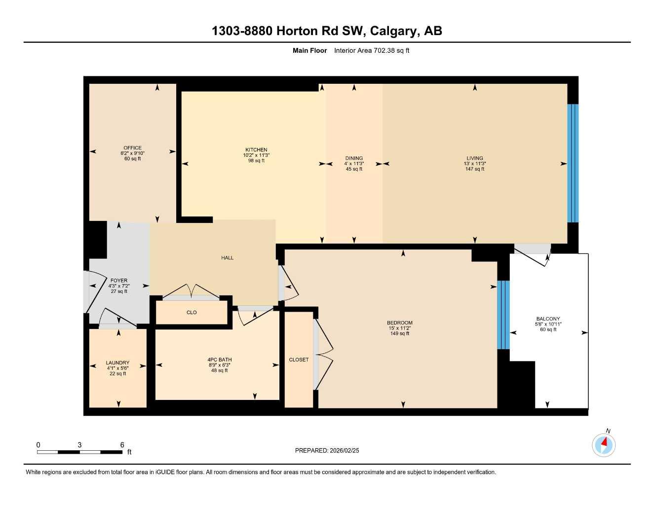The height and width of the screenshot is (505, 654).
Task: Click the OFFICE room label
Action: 132,148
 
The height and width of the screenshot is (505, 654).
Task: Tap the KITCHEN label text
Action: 256,150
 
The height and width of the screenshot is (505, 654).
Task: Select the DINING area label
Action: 354,159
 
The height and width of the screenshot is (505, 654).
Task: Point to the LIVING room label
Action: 475,158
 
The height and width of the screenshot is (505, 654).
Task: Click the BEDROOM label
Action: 399,323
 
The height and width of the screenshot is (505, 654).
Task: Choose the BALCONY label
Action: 548,319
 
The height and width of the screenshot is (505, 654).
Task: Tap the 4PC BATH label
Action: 219,360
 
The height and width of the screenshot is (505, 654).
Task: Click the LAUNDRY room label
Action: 117,363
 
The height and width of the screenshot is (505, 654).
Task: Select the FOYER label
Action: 119,281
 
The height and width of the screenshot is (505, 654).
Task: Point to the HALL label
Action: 227,258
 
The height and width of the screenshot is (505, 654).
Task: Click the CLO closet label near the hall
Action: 192,313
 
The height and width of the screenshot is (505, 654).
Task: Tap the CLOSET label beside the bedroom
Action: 299,360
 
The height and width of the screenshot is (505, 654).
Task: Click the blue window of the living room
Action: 573,163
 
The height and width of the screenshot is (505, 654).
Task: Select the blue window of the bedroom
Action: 503,315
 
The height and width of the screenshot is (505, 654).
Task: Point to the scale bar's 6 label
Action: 122,445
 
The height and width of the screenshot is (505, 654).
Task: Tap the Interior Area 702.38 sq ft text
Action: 372,50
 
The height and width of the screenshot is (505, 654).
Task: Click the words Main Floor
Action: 309,50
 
